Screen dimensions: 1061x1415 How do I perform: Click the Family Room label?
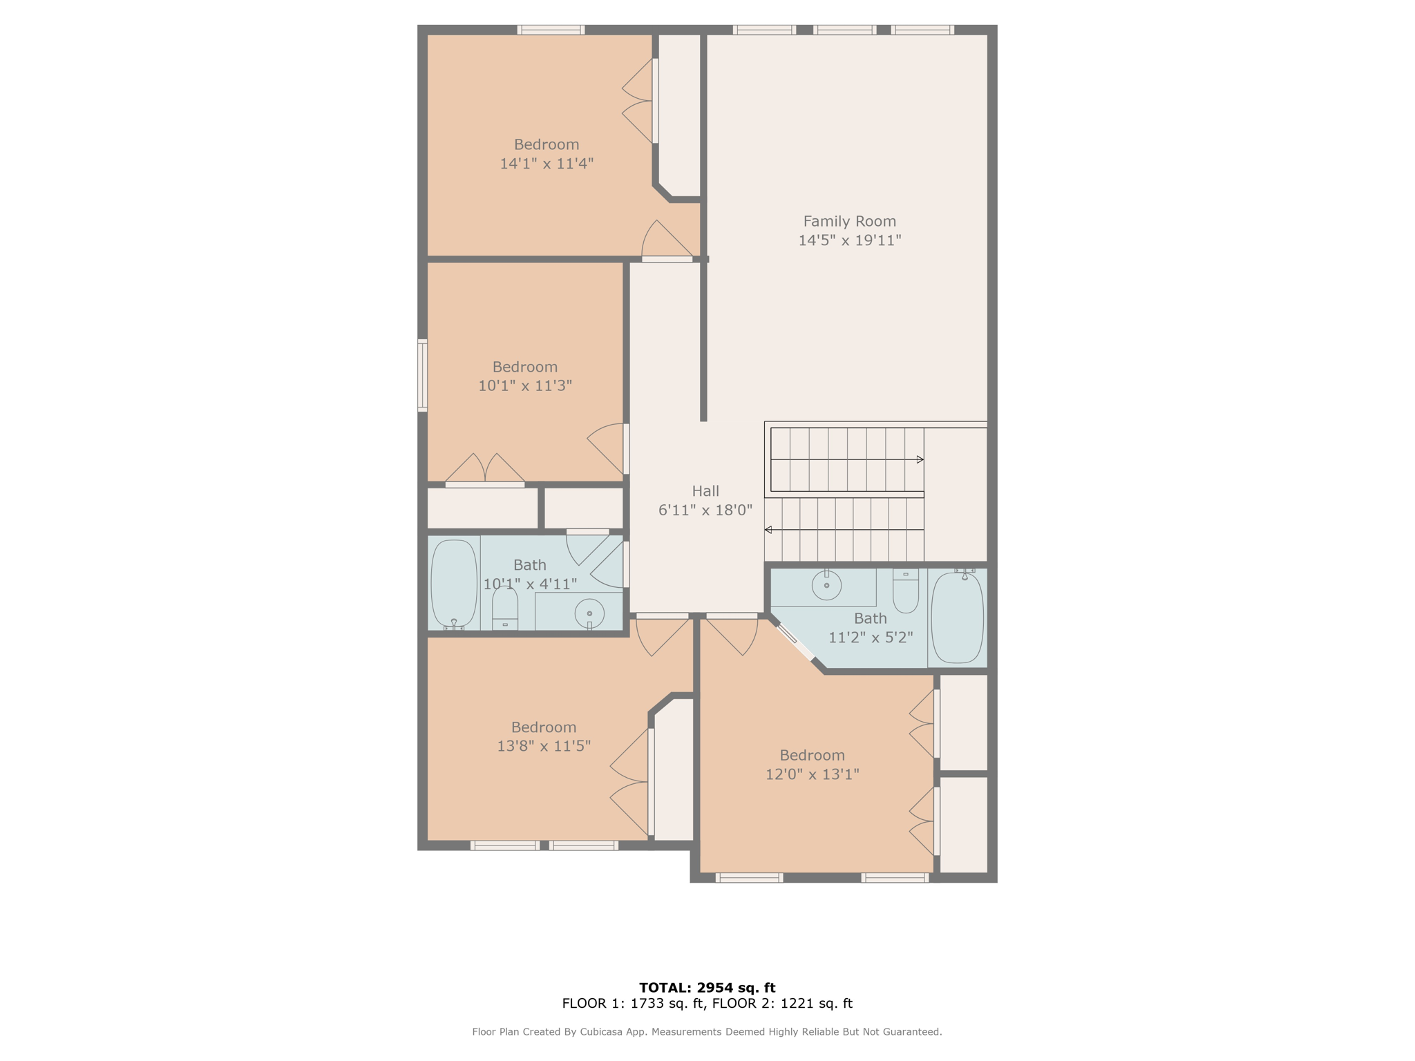pos(849,221)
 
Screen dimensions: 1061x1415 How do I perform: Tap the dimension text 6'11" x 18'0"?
pos(705,510)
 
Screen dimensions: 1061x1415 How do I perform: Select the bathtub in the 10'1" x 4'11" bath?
pos(454,584)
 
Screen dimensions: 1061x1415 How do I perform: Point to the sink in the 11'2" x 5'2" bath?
pos(826,586)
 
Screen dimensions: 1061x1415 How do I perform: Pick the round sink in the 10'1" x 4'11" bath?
pos(589,613)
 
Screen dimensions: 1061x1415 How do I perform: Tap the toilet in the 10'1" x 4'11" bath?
pos(505,610)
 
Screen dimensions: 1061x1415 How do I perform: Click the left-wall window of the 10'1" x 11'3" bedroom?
pos(422,375)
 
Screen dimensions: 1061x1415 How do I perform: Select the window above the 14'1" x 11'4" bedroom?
pos(551,30)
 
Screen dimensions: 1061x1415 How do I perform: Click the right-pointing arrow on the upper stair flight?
pos(920,459)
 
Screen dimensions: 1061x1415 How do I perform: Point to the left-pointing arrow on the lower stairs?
pos(768,530)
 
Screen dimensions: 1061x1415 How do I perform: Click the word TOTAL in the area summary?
pos(663,988)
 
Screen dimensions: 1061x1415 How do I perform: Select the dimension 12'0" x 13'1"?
pos(812,774)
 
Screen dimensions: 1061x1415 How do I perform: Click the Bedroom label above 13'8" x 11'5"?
pos(543,727)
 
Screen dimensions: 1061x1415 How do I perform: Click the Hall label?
pos(705,491)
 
